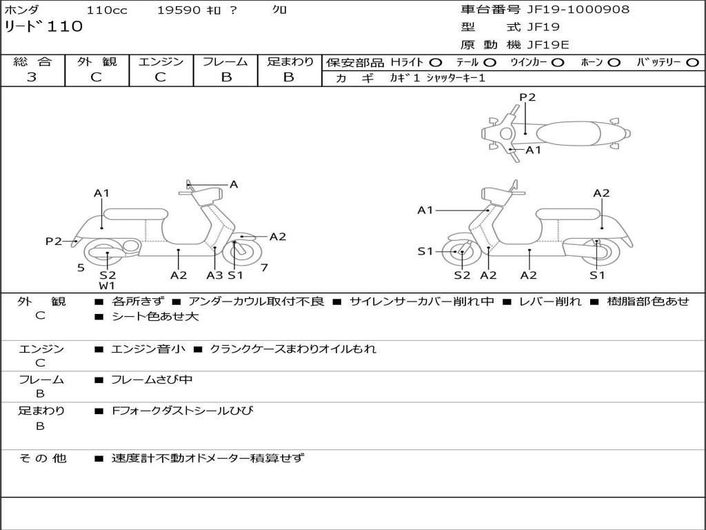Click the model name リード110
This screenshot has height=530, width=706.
coord(43,27)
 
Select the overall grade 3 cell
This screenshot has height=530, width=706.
coord(32,77)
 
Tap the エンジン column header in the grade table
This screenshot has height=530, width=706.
coord(161,61)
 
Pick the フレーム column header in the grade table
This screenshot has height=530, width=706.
coord(225,61)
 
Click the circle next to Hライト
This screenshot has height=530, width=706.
coord(436,62)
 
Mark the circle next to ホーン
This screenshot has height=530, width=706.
coord(614,62)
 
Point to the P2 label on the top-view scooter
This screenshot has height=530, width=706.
coord(527,97)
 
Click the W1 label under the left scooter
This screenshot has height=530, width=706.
coord(107,286)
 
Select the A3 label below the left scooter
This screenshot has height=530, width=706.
coord(214,275)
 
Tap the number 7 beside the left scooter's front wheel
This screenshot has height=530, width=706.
coord(264,267)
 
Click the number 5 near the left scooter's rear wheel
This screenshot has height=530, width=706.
coord(81,267)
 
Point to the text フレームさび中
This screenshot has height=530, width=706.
coord(152,380)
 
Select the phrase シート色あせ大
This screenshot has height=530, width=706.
coord(155,317)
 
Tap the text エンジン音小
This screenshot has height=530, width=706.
coord(148,349)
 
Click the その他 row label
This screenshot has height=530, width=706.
coord(42,458)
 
